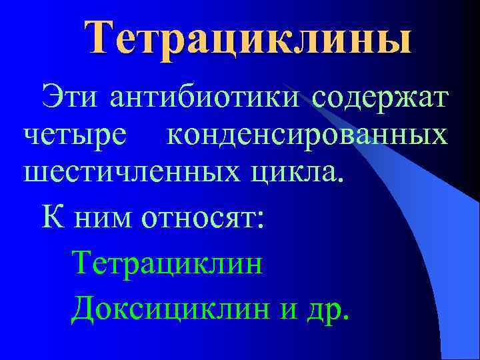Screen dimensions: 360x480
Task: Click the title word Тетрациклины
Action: pos(248,38)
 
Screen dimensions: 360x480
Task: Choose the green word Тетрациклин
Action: pos(167,262)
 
